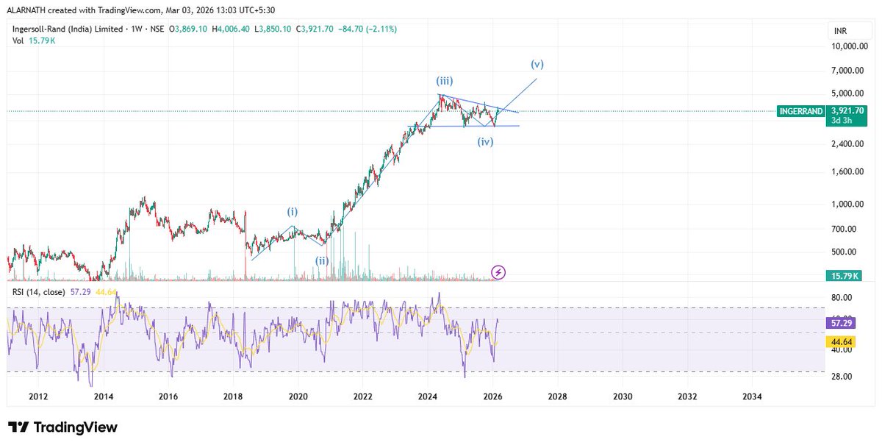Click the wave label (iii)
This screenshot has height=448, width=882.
446,82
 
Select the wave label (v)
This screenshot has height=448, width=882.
537,64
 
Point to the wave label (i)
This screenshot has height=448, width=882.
292,212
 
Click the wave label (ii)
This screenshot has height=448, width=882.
322,260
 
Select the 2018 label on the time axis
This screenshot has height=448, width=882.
233,397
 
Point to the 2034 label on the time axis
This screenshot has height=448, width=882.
752,397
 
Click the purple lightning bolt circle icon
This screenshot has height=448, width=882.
498,272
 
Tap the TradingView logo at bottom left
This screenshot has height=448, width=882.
63,427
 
